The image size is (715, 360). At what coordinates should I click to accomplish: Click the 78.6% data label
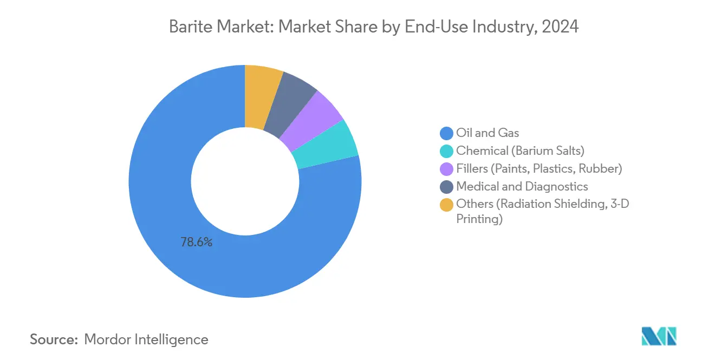tap(196, 242)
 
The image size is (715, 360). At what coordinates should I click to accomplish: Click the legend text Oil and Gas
tap(487, 133)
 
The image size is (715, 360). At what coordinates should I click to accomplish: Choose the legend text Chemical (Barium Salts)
tap(520, 151)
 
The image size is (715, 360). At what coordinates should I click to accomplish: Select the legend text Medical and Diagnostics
tap(522, 187)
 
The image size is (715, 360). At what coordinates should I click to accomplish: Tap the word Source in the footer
tap(53, 339)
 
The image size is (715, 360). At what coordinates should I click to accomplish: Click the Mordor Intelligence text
tap(146, 339)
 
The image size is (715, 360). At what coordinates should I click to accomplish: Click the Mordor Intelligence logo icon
tap(659, 336)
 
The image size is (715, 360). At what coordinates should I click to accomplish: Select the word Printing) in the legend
tap(479, 219)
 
